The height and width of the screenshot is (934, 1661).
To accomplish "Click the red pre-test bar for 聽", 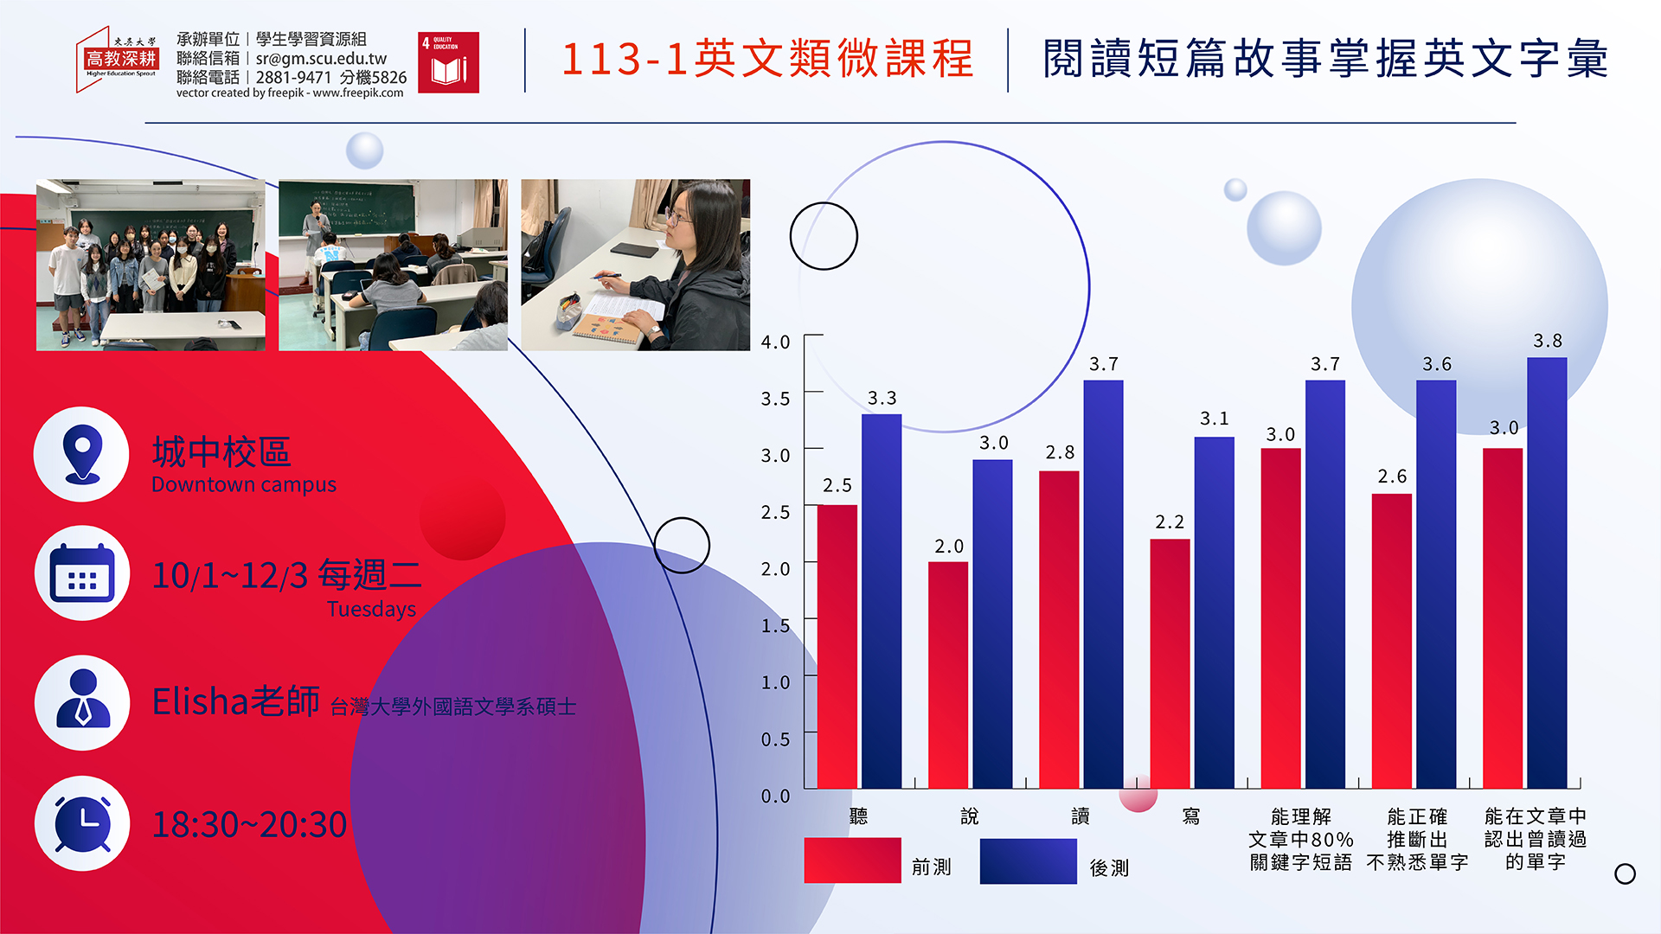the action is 837,646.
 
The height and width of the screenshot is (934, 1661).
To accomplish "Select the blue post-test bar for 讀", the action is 1103,584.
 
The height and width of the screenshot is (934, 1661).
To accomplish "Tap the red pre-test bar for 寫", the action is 1170,663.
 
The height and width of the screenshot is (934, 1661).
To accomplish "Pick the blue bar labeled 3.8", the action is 1547,573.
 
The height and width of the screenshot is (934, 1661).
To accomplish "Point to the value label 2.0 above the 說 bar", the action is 949,547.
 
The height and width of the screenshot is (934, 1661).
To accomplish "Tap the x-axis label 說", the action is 970,816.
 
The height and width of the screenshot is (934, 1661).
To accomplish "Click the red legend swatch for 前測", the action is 852,860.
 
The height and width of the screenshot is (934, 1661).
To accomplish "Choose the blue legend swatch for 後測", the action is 1028,861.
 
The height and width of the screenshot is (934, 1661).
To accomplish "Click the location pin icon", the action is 82,454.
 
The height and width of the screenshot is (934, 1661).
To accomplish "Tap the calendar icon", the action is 82,573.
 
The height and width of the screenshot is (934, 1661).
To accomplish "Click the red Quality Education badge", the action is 448,62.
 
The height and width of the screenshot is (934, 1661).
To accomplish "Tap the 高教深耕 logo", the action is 119,59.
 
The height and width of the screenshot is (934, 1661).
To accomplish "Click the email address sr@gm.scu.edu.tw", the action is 321,59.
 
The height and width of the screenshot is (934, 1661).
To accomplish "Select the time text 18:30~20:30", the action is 249,825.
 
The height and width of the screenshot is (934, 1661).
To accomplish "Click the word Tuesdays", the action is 371,610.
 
